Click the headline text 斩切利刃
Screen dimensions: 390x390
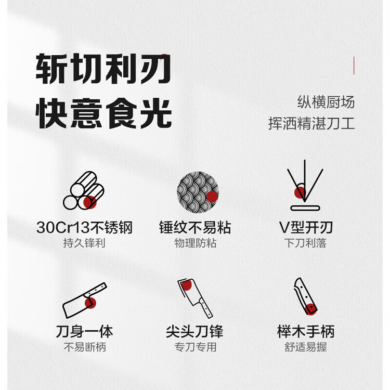(103, 69)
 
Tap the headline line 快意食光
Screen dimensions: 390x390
(103, 113)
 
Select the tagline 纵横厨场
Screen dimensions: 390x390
(326, 102)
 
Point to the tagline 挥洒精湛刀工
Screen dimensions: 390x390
(311, 123)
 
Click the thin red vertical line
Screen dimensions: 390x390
(354, 66)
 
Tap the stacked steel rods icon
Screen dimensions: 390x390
(84, 190)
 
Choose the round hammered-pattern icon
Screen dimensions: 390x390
(198, 192)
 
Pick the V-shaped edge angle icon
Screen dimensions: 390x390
(305, 186)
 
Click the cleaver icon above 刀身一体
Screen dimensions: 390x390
(85, 300)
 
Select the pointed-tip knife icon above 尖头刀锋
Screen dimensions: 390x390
(195, 298)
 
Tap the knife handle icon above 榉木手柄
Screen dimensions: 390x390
(306, 296)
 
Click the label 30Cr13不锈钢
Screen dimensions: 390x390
(84, 227)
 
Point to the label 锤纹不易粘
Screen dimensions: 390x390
(195, 227)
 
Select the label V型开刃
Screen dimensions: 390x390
(306, 227)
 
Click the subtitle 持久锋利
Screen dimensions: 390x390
(84, 243)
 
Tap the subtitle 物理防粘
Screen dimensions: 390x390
(195, 243)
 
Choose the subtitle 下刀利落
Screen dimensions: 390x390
(305, 243)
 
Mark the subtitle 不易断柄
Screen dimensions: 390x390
(85, 347)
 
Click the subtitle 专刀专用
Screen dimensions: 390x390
(195, 347)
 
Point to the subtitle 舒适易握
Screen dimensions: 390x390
(306, 347)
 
